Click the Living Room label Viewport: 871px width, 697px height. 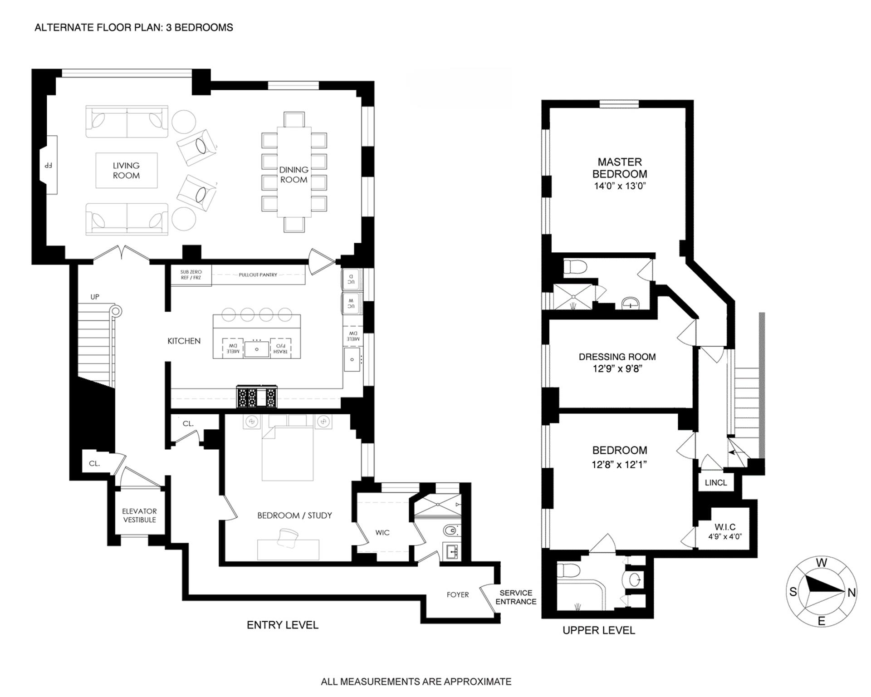point(126,171)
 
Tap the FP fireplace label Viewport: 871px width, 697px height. point(48,166)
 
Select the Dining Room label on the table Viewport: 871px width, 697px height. point(294,175)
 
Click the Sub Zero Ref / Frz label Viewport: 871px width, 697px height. point(191,275)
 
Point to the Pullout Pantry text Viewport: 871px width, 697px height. point(258,275)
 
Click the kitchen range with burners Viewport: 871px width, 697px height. point(256,397)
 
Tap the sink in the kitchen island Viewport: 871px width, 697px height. point(257,348)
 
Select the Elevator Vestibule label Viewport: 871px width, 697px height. point(139,515)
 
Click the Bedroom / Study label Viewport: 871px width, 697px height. point(294,515)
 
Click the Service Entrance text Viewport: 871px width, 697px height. point(516,597)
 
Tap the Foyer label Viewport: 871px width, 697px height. point(457,595)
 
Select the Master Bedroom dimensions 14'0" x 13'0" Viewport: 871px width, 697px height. point(620,186)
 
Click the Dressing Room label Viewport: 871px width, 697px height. point(617,357)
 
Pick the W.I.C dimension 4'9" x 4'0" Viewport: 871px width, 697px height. point(725,536)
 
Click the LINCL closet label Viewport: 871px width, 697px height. point(716,483)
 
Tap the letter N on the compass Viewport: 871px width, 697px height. point(851,593)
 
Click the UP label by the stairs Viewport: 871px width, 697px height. point(94,297)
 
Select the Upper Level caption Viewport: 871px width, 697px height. point(598,630)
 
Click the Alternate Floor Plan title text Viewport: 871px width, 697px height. point(134,28)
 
